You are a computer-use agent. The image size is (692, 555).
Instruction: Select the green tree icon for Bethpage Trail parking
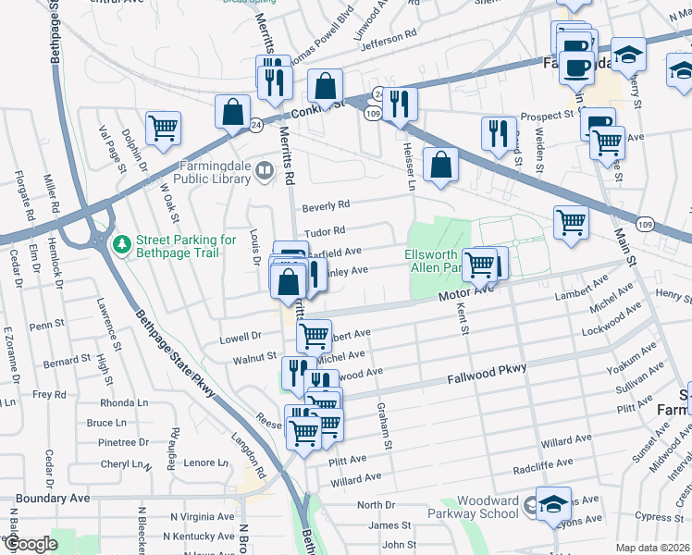coord(120,245)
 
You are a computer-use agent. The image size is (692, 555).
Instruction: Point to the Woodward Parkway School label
coord(480,507)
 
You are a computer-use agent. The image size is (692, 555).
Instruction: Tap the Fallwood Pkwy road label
coord(487,372)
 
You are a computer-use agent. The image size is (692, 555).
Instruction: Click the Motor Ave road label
coord(466,292)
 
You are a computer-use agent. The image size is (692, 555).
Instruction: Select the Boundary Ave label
coord(45,498)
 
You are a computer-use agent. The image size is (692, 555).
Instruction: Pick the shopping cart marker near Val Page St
coord(163,128)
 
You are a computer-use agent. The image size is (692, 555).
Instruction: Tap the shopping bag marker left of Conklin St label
coord(231,112)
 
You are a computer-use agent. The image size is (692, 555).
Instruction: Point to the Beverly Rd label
coord(327,204)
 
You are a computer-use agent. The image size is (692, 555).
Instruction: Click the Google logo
coord(31,544)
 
